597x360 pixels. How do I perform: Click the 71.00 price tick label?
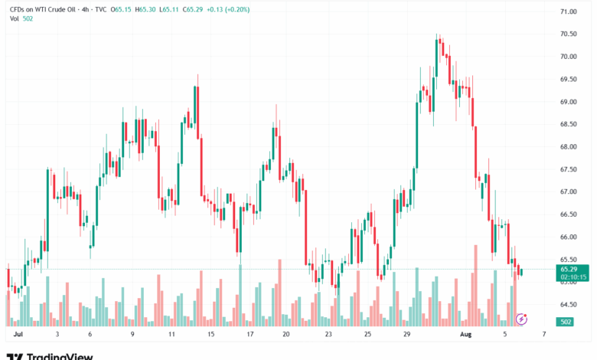[x=569, y=11]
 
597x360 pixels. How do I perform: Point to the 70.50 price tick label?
[x=569, y=34]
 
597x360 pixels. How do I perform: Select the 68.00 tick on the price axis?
[x=569, y=146]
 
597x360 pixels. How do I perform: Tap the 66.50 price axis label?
[x=569, y=214]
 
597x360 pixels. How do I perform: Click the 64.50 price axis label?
[x=569, y=305]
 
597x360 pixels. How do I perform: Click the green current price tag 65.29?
[x=569, y=269]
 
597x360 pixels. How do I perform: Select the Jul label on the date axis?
[x=18, y=335]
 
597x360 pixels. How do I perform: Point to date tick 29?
[x=408, y=335]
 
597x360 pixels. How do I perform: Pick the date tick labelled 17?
[x=250, y=335]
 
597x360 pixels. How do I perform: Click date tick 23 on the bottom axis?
[x=328, y=335]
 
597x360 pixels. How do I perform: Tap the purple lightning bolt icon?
[x=522, y=318]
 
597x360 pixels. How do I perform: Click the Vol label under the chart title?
[x=13, y=18]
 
